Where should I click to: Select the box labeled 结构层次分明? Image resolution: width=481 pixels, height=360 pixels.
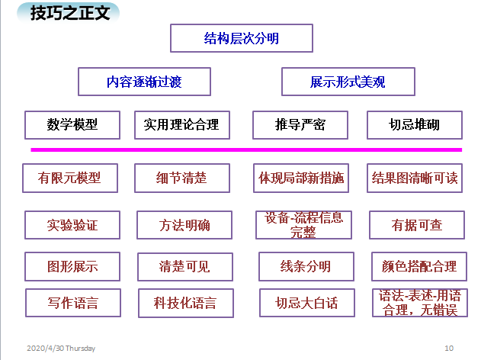pyautogui.click(x=241, y=37)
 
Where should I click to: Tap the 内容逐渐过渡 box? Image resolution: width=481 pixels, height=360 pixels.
pyautogui.click(x=144, y=81)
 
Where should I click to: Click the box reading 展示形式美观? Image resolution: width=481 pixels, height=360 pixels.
pyautogui.click(x=348, y=81)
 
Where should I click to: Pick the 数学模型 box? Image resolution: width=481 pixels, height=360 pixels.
pyautogui.click(x=72, y=124)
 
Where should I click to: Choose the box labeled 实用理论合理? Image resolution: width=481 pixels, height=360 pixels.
pyautogui.click(x=181, y=124)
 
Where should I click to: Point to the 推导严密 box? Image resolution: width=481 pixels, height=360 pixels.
pyautogui.click(x=300, y=124)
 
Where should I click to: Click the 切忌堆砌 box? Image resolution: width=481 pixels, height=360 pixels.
pyautogui.click(x=414, y=124)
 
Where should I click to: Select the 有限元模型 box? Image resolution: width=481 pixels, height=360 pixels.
pyautogui.click(x=69, y=178)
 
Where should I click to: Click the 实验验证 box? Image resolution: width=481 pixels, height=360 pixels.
pyautogui.click(x=72, y=225)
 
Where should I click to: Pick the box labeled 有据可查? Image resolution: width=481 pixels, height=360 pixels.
pyautogui.click(x=416, y=225)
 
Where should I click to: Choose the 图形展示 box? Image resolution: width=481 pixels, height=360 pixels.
pyautogui.click(x=72, y=266)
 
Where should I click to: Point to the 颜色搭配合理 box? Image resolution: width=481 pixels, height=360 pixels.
pyautogui.click(x=418, y=266)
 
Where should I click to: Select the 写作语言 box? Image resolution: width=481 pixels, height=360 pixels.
pyautogui.click(x=72, y=303)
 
